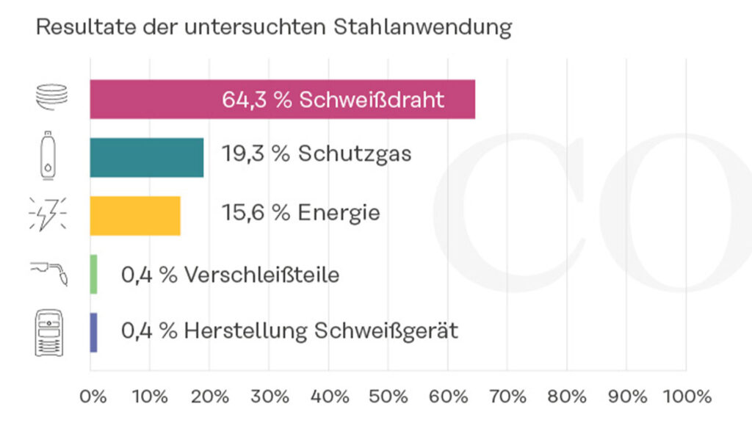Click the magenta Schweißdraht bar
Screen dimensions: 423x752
tap(282, 99)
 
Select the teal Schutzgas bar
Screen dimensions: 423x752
tap(147, 157)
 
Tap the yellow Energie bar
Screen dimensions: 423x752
tap(135, 215)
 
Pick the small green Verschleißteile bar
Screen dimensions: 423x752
tap(93, 274)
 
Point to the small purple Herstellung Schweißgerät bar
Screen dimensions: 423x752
tap(93, 332)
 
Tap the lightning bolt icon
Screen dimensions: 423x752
tap(47, 214)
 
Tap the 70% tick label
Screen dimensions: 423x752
tap(507, 397)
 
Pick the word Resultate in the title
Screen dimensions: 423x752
tap(77, 27)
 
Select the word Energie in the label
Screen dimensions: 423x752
tap(339, 214)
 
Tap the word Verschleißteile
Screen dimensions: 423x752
tap(261, 275)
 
